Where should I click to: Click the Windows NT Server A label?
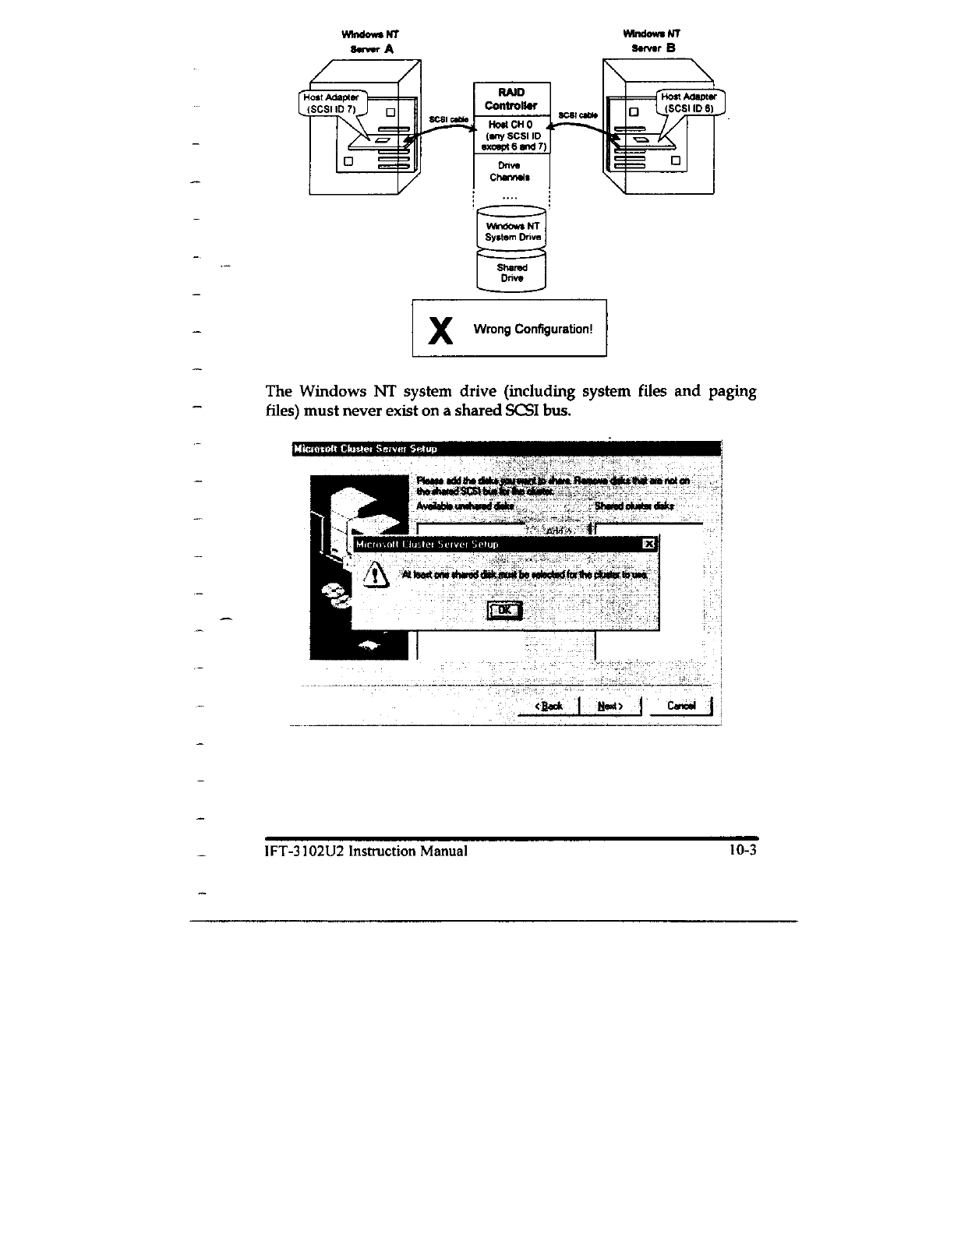click(x=371, y=41)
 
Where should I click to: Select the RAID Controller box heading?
click(x=511, y=99)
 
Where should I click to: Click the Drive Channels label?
click(x=512, y=171)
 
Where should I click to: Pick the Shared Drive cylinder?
click(x=511, y=272)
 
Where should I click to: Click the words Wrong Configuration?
click(x=533, y=329)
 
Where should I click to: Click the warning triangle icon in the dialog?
click(x=378, y=576)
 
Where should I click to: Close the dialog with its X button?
click(x=648, y=543)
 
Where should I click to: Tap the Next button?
click(x=609, y=706)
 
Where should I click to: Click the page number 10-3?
click(x=743, y=851)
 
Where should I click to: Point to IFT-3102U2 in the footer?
click(x=306, y=851)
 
